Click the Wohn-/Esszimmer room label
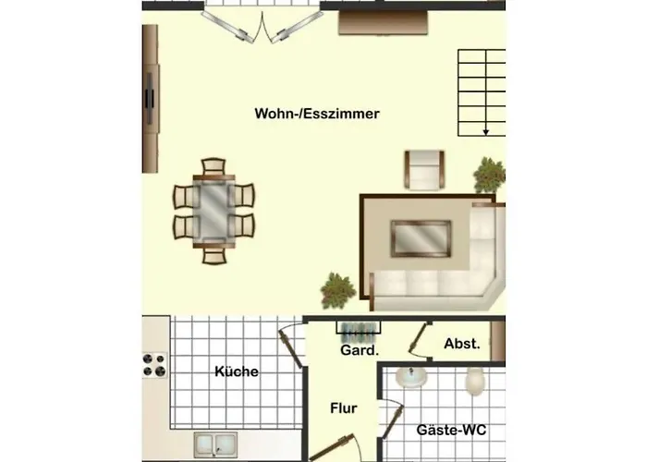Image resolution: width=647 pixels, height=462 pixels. click(x=317, y=114)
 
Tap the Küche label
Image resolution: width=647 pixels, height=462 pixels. click(x=237, y=371)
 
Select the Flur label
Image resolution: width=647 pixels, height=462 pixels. click(x=343, y=408)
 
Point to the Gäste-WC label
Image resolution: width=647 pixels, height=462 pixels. click(x=451, y=430)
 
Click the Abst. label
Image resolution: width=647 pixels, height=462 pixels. click(x=462, y=344)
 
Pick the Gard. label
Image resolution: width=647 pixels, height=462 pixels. click(x=360, y=350)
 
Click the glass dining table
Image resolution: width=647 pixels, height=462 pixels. click(x=214, y=211)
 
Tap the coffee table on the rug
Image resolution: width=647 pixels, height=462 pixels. click(x=421, y=238)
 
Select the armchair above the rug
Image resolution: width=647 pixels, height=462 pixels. click(x=424, y=169)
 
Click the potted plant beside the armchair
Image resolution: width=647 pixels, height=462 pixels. click(x=490, y=175)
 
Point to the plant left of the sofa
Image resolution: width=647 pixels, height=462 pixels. click(x=338, y=290)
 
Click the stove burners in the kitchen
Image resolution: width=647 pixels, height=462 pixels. click(x=154, y=365)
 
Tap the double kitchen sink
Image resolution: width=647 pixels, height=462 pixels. click(x=215, y=444)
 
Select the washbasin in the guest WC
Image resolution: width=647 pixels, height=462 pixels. click(x=411, y=377)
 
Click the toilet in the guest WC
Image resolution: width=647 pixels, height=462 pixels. click(x=475, y=381)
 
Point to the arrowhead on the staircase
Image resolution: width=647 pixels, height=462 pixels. click(x=486, y=132)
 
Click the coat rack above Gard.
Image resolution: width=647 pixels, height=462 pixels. click(x=359, y=330)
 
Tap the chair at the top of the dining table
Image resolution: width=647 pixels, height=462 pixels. click(x=214, y=166)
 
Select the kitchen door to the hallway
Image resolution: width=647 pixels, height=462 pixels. click(x=290, y=345)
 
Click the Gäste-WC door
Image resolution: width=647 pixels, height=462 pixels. click(x=392, y=420)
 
